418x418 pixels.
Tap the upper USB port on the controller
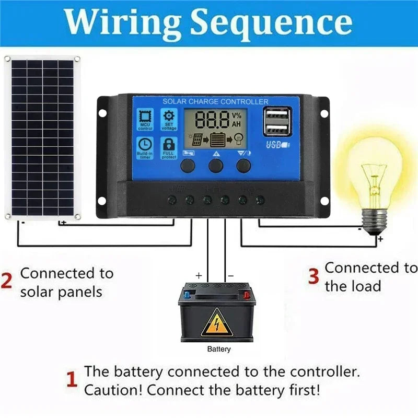275,114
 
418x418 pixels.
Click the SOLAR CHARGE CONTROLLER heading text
215,101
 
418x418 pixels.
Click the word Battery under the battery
218,349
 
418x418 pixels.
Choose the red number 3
313,276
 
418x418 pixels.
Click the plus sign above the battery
199,275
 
